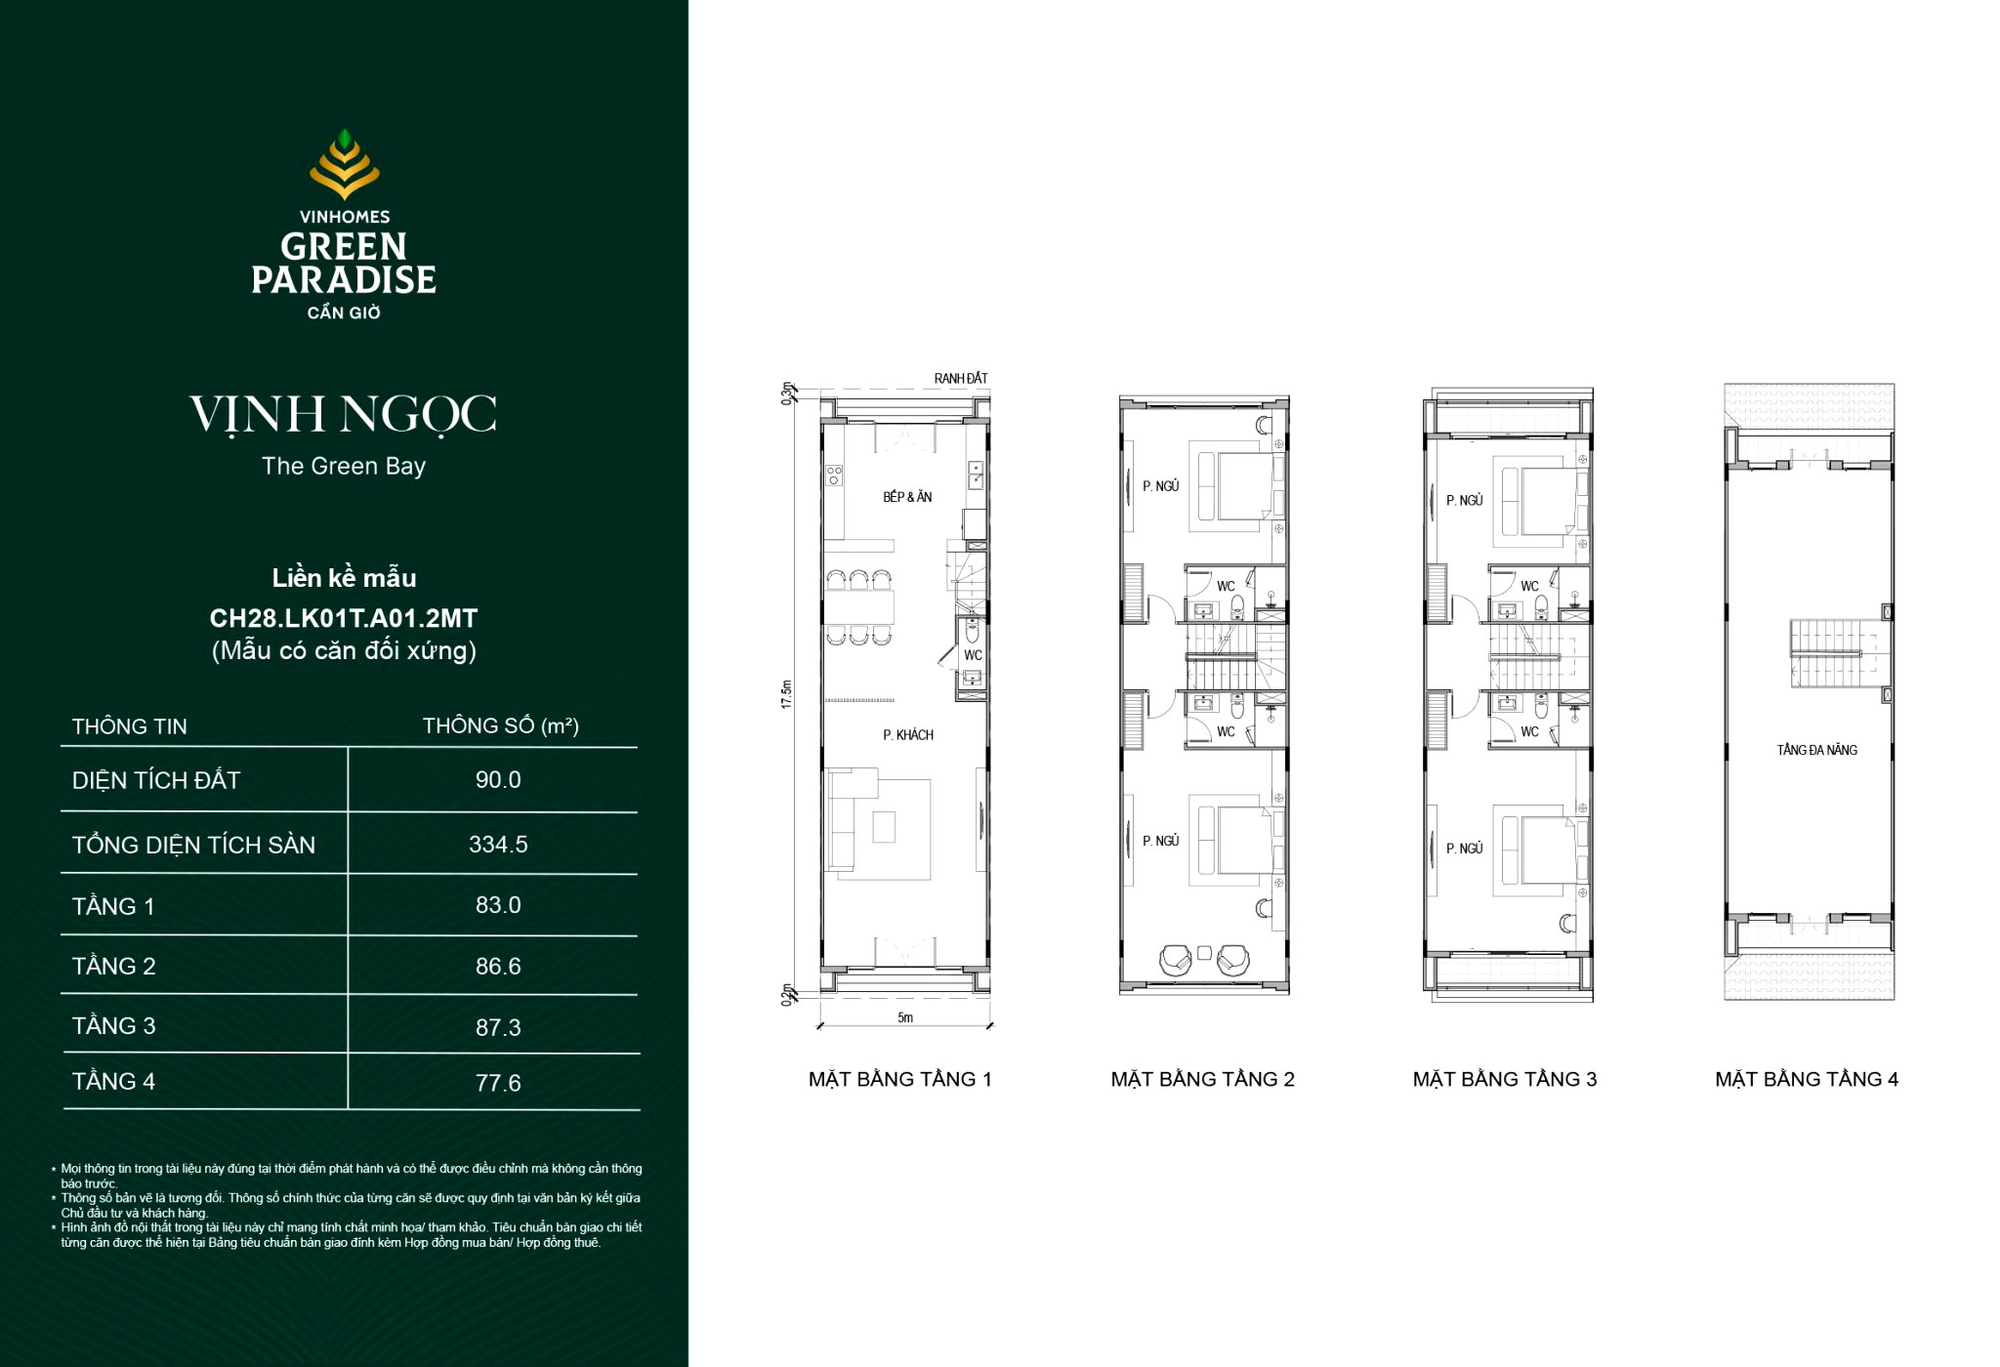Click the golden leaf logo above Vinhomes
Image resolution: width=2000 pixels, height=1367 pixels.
344,164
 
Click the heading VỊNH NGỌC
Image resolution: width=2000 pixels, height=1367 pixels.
344,415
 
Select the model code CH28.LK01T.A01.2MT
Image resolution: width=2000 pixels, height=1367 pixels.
344,618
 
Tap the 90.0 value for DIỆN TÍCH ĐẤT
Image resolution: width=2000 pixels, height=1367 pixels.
498,780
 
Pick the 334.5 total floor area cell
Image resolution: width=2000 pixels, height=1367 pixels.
498,845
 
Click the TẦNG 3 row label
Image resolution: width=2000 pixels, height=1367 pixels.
113,1026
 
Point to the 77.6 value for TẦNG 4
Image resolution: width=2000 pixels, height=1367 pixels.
498,1083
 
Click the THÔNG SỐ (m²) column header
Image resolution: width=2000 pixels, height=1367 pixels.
500,726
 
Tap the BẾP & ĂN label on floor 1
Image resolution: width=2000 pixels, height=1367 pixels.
907,497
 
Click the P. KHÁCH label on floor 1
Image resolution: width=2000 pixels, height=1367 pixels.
908,735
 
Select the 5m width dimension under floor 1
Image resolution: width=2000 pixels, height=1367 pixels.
905,1017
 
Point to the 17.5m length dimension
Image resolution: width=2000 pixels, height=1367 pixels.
787,694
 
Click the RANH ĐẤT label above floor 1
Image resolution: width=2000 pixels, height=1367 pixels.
961,379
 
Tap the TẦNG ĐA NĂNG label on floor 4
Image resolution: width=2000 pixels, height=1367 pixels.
1816,750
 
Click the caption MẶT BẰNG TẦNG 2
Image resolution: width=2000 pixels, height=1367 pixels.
1202,1080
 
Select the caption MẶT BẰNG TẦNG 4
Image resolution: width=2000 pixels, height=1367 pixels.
1807,1080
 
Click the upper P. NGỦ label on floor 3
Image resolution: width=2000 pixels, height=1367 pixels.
1464,500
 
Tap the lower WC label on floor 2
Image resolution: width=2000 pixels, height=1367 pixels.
1226,731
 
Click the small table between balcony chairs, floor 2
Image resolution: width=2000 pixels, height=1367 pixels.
1204,953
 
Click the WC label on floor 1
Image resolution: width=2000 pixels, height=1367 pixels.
973,655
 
